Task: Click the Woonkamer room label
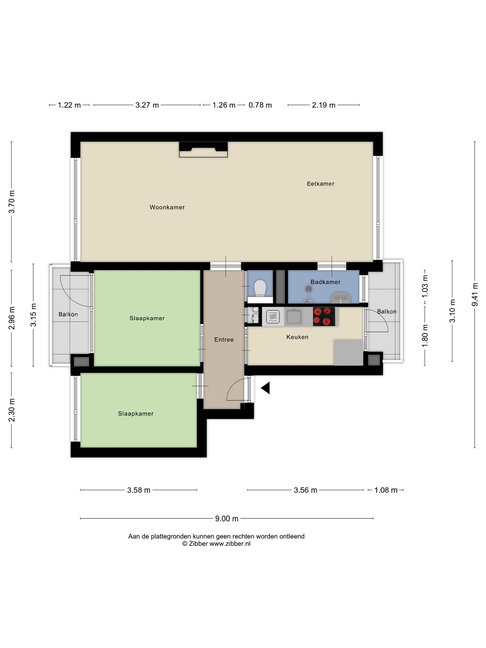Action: click(x=167, y=207)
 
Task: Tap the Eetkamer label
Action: click(x=320, y=184)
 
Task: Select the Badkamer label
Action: click(x=325, y=282)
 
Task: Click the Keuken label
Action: click(x=297, y=337)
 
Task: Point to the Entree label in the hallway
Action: click(x=224, y=339)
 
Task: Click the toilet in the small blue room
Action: click(x=260, y=288)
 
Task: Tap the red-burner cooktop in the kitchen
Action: click(x=324, y=316)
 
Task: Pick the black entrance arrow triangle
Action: click(x=265, y=388)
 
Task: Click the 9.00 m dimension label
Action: click(x=227, y=519)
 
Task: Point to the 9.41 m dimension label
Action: click(x=475, y=294)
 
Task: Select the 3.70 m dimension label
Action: click(x=12, y=202)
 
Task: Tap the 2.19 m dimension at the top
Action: click(x=324, y=105)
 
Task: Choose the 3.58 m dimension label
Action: click(x=139, y=490)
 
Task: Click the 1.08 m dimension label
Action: click(x=386, y=490)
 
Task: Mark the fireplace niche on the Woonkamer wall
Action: click(x=203, y=149)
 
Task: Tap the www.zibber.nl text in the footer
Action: click(x=230, y=544)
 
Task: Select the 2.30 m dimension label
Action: click(x=12, y=410)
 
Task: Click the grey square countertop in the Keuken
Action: click(x=348, y=352)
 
